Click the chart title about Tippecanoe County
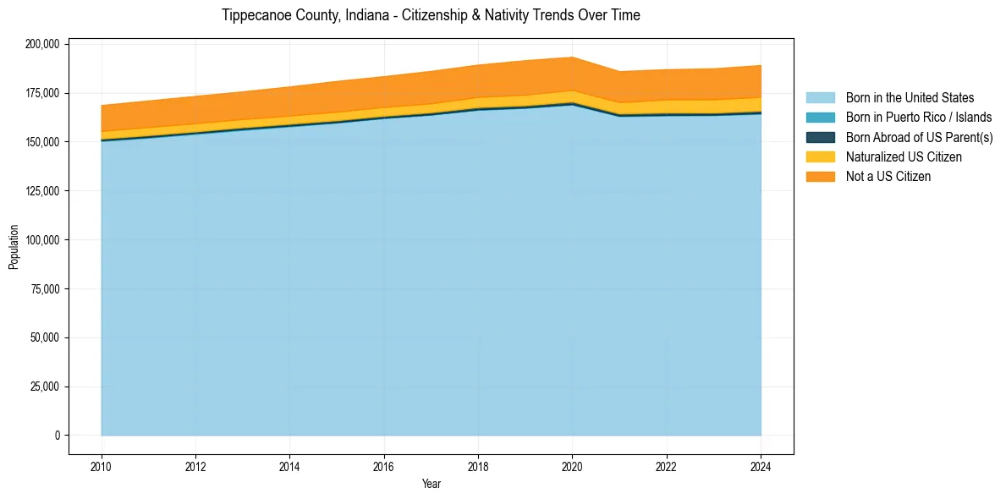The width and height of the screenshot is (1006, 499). [431, 15]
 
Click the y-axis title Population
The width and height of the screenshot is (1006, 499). [14, 247]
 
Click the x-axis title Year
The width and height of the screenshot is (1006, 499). [431, 484]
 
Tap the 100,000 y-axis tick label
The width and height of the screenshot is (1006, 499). [41, 240]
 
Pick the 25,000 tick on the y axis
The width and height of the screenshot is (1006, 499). [45, 387]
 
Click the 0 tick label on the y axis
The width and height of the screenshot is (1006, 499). [58, 436]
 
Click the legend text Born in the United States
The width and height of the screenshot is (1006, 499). [910, 98]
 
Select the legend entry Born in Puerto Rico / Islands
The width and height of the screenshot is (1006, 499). [918, 118]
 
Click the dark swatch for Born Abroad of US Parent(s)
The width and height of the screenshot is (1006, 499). [820, 137]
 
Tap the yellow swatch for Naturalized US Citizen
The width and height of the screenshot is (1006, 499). [820, 156]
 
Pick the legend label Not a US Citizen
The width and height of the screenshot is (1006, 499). [888, 176]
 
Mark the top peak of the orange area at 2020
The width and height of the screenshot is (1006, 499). [573, 58]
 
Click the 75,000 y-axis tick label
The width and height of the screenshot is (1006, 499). [45, 289]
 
